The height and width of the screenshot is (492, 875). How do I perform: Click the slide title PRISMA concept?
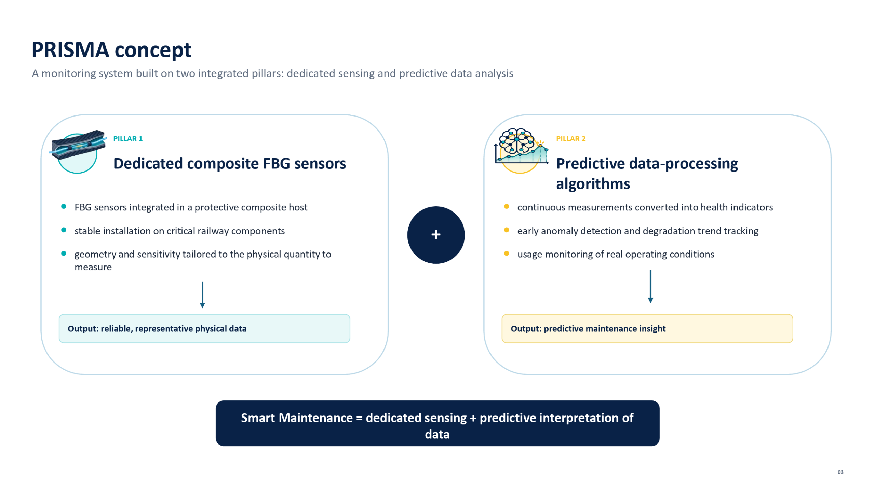click(111, 50)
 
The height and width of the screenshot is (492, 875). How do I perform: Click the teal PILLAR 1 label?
click(128, 139)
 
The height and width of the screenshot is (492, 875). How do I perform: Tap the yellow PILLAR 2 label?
click(570, 139)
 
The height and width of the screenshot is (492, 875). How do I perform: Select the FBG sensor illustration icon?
click(78, 151)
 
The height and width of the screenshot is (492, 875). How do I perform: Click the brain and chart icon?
click(521, 151)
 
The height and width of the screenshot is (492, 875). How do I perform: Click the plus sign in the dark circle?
click(436, 235)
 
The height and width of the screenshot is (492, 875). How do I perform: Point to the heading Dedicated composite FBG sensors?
click(229, 163)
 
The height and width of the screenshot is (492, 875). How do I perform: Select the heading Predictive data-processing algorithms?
click(647, 174)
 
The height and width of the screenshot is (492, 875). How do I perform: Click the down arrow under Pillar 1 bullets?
click(202, 295)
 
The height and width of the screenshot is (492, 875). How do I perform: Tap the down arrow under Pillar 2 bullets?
click(650, 286)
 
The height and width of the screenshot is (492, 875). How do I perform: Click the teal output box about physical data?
click(204, 328)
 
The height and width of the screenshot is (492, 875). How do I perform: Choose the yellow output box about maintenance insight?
click(647, 328)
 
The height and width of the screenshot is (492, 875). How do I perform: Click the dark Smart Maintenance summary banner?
click(437, 423)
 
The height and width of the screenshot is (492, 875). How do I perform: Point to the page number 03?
click(840, 472)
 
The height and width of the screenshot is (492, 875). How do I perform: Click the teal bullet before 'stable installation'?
click(64, 230)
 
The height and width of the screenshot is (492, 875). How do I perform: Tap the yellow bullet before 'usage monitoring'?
click(507, 253)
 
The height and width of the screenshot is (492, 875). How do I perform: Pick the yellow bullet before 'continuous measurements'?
click(507, 206)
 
